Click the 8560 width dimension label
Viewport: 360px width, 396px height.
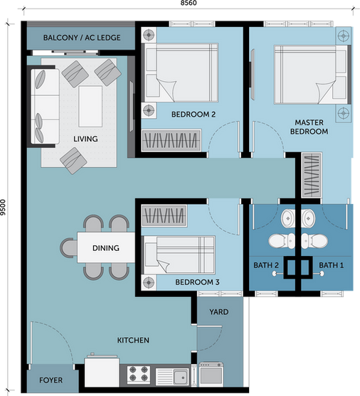point(189,3)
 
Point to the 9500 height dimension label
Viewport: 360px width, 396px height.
point(3,208)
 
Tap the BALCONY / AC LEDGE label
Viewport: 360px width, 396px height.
point(82,38)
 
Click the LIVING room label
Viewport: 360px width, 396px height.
point(85,139)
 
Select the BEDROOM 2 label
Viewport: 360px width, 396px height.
point(194,114)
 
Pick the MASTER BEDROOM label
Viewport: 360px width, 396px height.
point(309,127)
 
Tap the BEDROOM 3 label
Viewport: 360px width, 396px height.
point(197,282)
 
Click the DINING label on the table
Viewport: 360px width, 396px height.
point(106,247)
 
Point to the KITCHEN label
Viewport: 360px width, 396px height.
point(133,340)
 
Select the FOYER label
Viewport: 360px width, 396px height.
point(51,380)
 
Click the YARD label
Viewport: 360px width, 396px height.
point(218,312)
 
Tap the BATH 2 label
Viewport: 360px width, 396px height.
point(266,265)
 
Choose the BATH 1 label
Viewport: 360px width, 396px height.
point(331,265)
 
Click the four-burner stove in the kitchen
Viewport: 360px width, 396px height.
point(139,374)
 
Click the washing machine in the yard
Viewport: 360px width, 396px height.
point(211,375)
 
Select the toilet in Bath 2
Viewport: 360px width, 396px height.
point(281,241)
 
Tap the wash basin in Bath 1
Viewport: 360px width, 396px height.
point(307,218)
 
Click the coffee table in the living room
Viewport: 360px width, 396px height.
point(90,107)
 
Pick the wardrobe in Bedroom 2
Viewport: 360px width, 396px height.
point(171,140)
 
